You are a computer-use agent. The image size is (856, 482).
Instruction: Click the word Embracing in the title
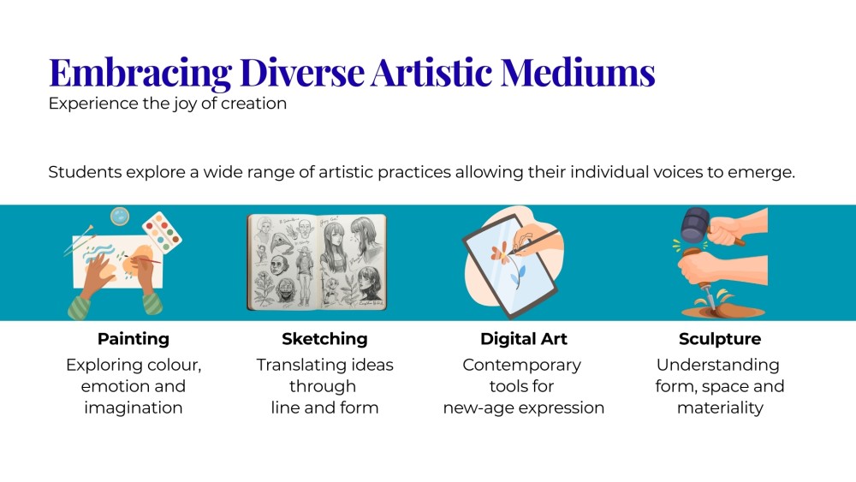140,73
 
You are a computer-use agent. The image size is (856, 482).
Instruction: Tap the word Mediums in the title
578,72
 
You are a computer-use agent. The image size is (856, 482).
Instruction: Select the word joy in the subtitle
185,104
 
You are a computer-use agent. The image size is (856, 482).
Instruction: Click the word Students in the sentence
85,172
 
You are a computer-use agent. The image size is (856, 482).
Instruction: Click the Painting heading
134,339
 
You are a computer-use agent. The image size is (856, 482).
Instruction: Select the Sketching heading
324,339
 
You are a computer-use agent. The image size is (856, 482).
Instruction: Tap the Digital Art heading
524,339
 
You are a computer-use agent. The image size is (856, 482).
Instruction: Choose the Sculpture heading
720,339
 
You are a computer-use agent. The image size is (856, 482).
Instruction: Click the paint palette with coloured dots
162,233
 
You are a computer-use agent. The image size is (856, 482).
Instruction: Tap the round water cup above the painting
120,216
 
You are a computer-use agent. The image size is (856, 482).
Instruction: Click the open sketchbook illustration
317,262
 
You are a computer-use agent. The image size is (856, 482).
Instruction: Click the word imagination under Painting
134,408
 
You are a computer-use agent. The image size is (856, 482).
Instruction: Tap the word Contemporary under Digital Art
522,366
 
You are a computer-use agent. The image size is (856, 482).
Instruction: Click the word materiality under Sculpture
720,408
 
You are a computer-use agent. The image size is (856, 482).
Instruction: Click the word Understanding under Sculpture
718,366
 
